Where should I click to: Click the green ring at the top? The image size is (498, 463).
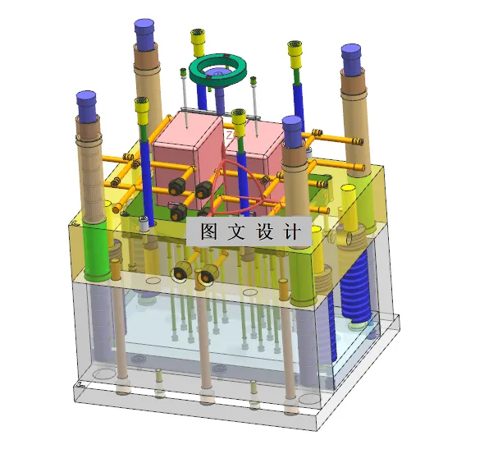[219, 71]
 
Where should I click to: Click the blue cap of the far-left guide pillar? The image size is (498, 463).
[87, 103]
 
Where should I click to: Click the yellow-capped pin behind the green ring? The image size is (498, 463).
[198, 39]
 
